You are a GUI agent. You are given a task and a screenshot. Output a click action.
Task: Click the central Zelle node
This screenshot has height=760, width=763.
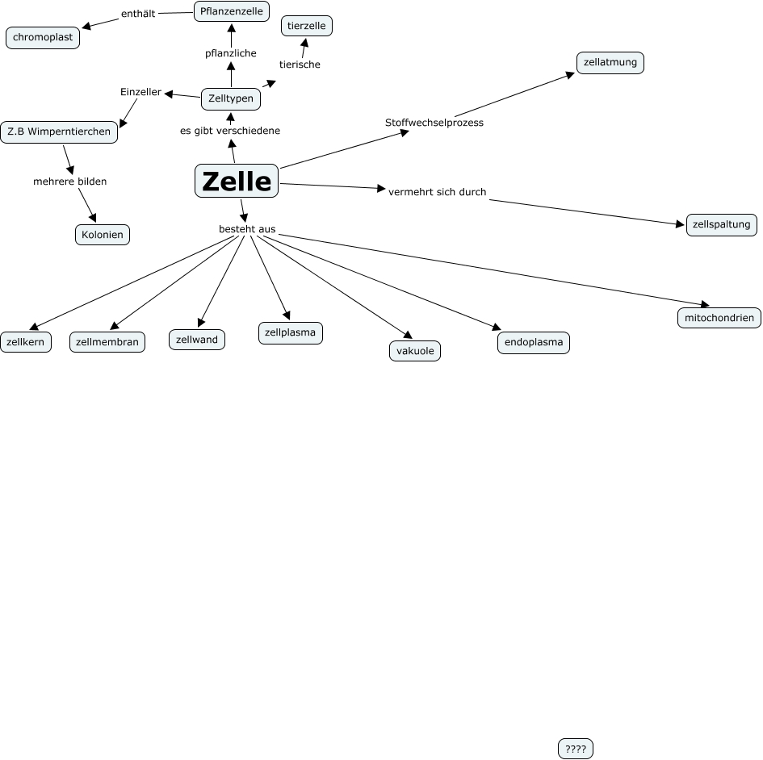click(x=237, y=181)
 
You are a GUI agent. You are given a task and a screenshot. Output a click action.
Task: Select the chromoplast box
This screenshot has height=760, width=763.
click(x=43, y=38)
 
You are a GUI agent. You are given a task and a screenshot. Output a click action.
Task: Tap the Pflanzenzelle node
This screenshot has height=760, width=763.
click(x=231, y=11)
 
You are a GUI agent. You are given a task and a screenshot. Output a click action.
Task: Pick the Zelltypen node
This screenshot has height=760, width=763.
click(x=231, y=98)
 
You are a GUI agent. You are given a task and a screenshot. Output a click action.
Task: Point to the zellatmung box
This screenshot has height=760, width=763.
click(x=610, y=62)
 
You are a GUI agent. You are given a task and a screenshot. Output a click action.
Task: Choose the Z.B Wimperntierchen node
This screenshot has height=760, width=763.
click(x=59, y=132)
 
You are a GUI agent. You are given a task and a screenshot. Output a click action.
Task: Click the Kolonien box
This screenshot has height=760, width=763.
click(x=102, y=235)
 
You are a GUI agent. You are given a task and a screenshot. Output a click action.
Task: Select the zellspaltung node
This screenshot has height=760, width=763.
click(x=722, y=224)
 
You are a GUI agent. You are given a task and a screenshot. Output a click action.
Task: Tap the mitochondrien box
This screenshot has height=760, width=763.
click(x=719, y=318)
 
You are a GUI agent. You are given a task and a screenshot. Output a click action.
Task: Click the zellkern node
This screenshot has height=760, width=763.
click(x=26, y=342)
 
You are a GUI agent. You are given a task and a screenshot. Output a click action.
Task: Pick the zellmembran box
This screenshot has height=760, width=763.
click(x=107, y=342)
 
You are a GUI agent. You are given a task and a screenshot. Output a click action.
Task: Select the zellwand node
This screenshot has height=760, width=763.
click(x=196, y=340)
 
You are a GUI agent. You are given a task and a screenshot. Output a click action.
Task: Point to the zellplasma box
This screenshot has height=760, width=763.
click(x=291, y=332)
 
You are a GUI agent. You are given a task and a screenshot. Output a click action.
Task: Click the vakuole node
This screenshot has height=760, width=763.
click(x=415, y=351)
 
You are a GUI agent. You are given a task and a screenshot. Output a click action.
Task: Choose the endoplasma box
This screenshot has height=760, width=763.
click(x=534, y=342)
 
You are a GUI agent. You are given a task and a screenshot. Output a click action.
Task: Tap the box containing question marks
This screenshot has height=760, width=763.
click(x=576, y=750)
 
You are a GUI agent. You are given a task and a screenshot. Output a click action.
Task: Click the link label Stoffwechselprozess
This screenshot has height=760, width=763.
click(x=434, y=123)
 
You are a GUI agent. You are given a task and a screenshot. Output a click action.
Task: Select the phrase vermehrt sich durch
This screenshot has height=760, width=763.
click(x=437, y=192)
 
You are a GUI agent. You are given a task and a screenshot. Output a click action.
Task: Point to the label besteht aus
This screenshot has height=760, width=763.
click(x=247, y=229)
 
